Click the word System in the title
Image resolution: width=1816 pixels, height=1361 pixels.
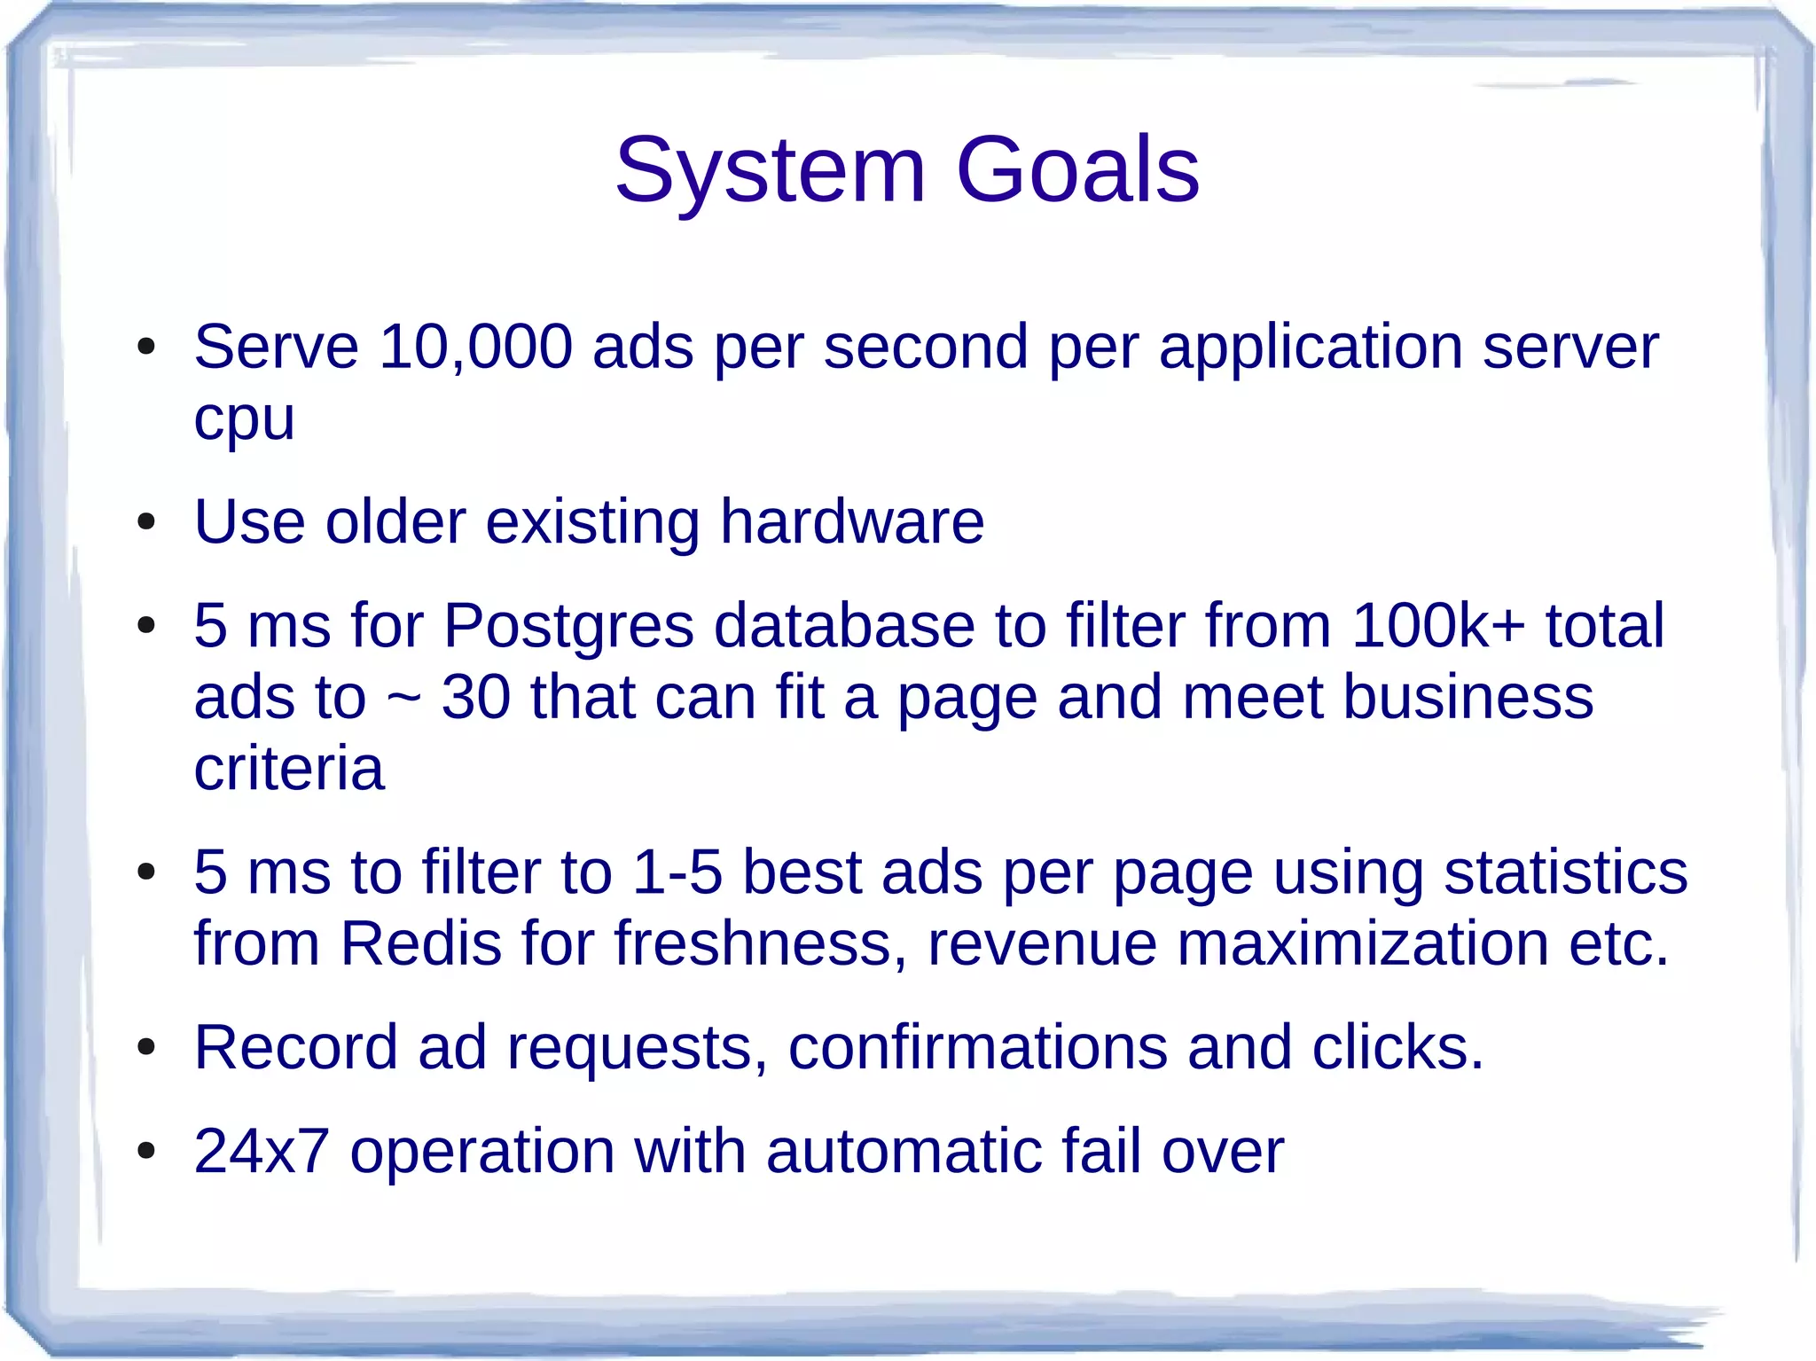point(770,170)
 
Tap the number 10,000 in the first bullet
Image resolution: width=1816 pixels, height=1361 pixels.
point(476,347)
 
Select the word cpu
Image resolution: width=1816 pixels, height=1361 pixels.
point(244,420)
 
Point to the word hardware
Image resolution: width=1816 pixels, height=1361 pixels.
point(851,521)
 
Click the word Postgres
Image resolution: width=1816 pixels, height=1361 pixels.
point(568,626)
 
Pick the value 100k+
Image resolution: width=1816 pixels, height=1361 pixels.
point(1438,626)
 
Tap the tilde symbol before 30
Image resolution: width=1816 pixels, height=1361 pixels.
point(403,698)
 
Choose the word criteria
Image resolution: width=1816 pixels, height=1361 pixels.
point(289,768)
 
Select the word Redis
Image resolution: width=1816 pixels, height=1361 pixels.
point(420,943)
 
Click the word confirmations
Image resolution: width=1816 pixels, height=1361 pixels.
point(977,1048)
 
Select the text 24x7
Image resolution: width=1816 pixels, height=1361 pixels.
point(262,1152)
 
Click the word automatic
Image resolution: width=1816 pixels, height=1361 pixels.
point(903,1152)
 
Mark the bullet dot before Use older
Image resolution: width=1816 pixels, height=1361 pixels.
point(146,523)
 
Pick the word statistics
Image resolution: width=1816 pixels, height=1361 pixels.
point(1565,872)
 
